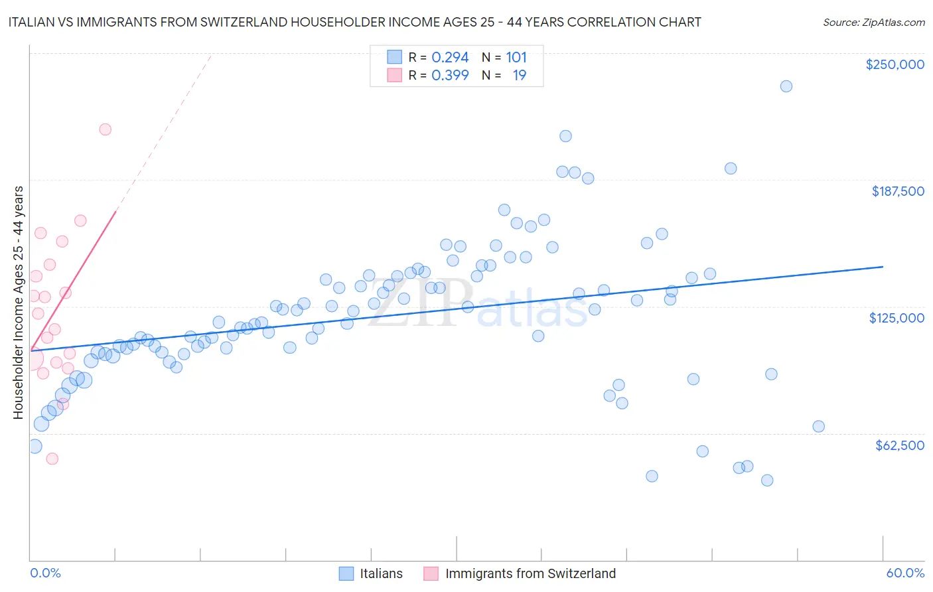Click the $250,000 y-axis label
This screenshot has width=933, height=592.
pos(895,64)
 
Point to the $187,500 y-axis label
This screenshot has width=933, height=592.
pos(897,191)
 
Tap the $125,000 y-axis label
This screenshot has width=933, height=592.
pos(897,318)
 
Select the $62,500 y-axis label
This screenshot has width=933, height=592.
pos(899,445)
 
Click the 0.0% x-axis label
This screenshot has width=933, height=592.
pos(45,573)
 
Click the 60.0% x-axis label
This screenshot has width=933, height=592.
pos(904,573)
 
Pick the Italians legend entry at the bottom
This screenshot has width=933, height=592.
pos(371,573)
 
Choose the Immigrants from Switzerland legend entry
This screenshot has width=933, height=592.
pos(520,573)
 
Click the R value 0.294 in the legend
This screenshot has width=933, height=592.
pos(450,58)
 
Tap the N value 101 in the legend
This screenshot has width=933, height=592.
pos(516,58)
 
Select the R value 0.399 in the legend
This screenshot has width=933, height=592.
pos(450,76)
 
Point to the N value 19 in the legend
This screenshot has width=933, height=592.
pos(519,76)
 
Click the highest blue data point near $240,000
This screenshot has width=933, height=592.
pos(786,86)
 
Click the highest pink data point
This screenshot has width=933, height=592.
pos(105,129)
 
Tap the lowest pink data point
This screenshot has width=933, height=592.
pos(52,459)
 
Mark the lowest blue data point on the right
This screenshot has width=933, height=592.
pos(767,481)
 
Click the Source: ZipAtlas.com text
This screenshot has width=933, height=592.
pos(873,23)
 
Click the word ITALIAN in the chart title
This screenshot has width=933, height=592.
pos(33,23)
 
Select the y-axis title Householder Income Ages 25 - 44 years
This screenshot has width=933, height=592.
pos(18,302)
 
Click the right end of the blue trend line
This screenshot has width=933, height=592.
pos(883,266)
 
